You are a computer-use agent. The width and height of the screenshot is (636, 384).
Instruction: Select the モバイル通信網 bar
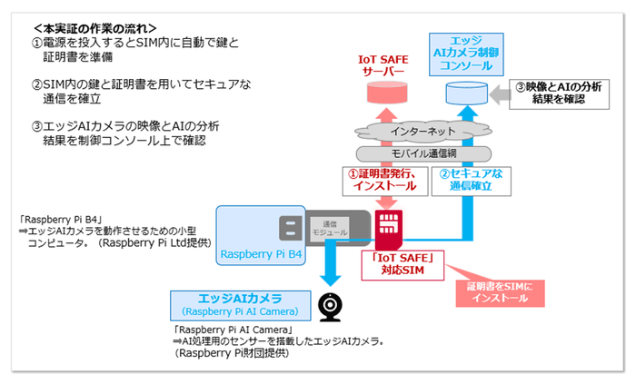[423, 153]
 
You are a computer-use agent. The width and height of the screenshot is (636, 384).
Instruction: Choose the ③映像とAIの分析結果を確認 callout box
[561, 94]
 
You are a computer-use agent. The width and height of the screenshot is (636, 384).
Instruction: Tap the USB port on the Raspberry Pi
[290, 229]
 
